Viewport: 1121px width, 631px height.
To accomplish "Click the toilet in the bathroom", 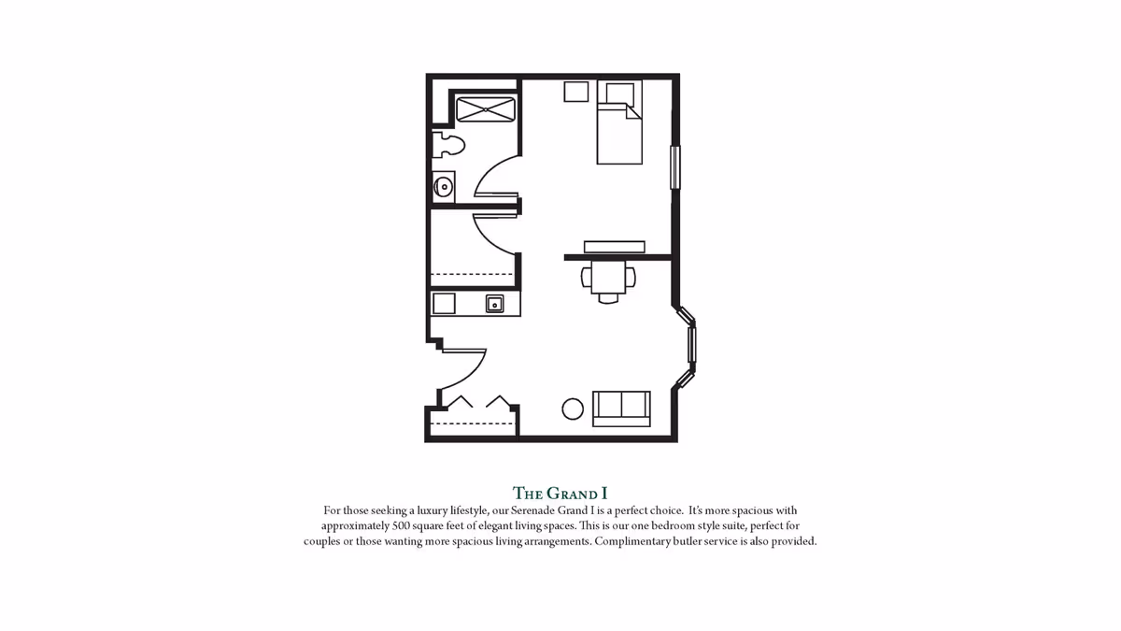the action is pos(448,145).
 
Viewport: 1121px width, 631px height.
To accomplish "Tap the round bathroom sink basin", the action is pos(444,188).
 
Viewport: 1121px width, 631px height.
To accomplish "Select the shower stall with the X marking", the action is pos(486,109).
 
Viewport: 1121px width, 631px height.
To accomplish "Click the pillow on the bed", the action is pos(619,93).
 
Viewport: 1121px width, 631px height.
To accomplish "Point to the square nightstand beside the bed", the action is pos(576,92).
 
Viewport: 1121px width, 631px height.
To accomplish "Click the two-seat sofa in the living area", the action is pos(621,409).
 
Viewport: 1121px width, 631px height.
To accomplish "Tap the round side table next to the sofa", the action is pos(573,409).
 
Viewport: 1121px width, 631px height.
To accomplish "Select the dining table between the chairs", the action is pos(608,277).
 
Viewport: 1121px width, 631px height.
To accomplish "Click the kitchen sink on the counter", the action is pos(494,304).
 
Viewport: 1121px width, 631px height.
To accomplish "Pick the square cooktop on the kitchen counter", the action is pos(444,304).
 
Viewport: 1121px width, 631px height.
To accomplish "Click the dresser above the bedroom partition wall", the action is pos(615,247).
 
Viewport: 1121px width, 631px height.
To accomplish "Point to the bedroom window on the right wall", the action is pos(675,167).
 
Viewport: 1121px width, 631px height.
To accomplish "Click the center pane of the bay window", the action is pos(692,344).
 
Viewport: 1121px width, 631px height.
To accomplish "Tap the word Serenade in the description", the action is pos(532,510).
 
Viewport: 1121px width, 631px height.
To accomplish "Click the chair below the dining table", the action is pos(608,299).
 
